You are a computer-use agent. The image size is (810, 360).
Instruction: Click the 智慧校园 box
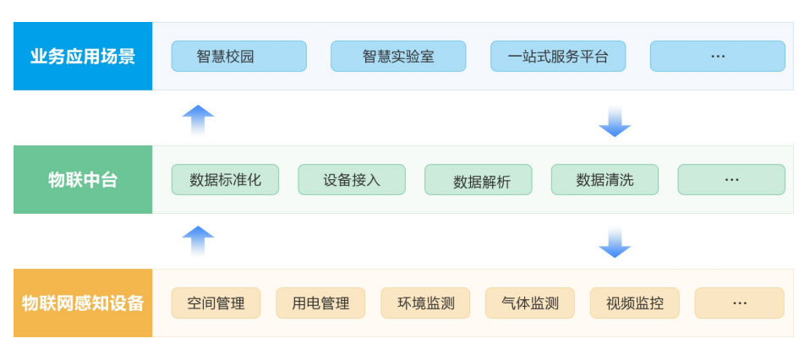pyautogui.click(x=238, y=57)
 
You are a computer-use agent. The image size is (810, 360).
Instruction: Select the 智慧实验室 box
pyautogui.click(x=398, y=57)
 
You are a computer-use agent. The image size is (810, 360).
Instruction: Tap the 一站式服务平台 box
pyautogui.click(x=558, y=57)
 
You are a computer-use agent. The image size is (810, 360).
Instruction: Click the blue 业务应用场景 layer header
pyautogui.click(x=83, y=57)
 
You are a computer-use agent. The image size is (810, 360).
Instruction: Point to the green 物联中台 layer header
pyautogui.click(x=83, y=180)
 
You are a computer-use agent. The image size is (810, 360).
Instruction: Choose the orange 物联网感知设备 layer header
pyautogui.click(x=83, y=303)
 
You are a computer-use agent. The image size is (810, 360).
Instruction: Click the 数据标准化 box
pyautogui.click(x=225, y=180)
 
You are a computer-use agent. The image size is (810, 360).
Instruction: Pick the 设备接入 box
pyautogui.click(x=352, y=180)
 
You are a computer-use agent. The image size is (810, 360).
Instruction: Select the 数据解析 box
pyautogui.click(x=479, y=180)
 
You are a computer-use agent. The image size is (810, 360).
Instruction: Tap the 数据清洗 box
pyautogui.click(x=605, y=180)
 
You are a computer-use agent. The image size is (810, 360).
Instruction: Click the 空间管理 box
pyautogui.click(x=216, y=303)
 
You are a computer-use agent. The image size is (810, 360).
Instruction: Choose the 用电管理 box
pyautogui.click(x=320, y=303)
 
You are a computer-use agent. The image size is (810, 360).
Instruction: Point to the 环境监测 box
pyautogui.click(x=425, y=303)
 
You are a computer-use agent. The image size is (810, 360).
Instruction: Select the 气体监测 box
pyautogui.click(x=530, y=303)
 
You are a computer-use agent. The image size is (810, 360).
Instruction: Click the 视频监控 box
pyautogui.click(x=635, y=303)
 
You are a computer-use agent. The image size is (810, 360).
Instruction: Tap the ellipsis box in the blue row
pyautogui.click(x=718, y=57)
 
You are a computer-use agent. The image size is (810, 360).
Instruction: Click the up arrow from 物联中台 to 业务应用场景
pyautogui.click(x=198, y=120)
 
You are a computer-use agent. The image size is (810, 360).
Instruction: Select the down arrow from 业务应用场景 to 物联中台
pyautogui.click(x=615, y=122)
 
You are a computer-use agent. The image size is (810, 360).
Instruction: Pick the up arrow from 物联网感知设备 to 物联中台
pyautogui.click(x=198, y=242)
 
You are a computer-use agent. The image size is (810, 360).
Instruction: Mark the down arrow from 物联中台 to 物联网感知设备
pyautogui.click(x=615, y=243)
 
